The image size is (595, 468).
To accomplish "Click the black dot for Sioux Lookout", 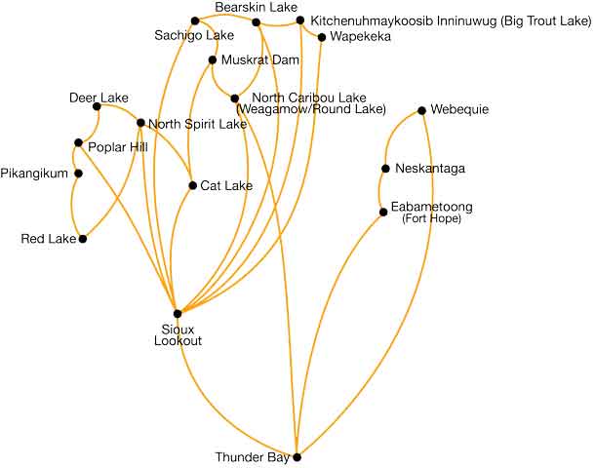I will click(178, 313).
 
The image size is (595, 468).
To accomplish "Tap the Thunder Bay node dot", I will click(297, 456).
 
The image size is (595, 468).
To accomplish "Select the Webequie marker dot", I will click(421, 110).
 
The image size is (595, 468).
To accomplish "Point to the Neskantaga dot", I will click(385, 169).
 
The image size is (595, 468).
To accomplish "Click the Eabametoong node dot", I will click(382, 212).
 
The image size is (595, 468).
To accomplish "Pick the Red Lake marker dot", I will click(83, 239).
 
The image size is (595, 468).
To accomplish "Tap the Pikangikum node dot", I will click(78, 175).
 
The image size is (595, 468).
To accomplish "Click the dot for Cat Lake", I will click(192, 185).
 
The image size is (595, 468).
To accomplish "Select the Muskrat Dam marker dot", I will click(212, 60).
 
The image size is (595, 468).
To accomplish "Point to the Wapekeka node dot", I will click(322, 37).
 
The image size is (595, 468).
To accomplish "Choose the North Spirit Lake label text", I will click(198, 124).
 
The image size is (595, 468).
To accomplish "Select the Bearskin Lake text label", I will click(256, 8).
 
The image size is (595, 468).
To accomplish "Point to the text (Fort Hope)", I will click(430, 218).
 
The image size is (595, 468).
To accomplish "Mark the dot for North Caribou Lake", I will click(234, 98).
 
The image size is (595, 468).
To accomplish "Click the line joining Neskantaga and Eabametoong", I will click(382, 190).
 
